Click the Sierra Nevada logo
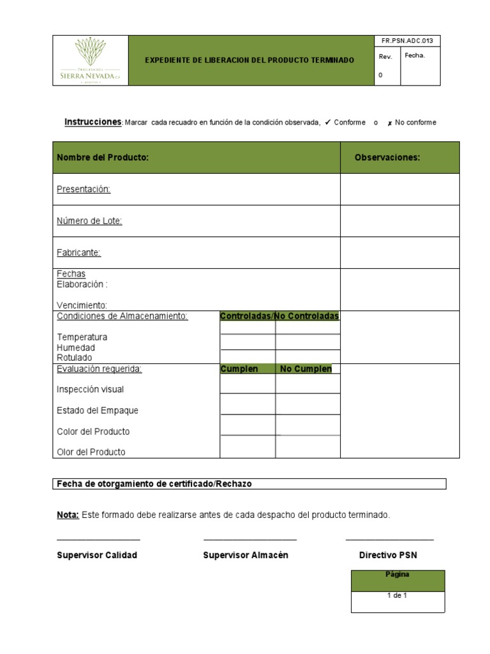click(x=90, y=60)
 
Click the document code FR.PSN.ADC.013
click(x=407, y=41)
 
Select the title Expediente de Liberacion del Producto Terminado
click(x=249, y=60)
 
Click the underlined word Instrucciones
click(x=93, y=122)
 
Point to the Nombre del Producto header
click(x=103, y=158)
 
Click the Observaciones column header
click(x=387, y=158)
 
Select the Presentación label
click(x=84, y=189)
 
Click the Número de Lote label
click(x=89, y=221)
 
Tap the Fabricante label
click(x=78, y=253)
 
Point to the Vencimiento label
click(x=82, y=305)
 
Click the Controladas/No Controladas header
click(x=279, y=316)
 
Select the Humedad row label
click(x=76, y=347)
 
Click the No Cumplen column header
click(x=306, y=369)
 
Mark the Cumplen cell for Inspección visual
click(x=248, y=384)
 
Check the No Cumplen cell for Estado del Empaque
click(x=308, y=405)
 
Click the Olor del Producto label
click(x=91, y=452)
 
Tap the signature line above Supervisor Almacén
click(x=250, y=540)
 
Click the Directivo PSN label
click(x=388, y=555)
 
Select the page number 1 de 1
click(x=397, y=596)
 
